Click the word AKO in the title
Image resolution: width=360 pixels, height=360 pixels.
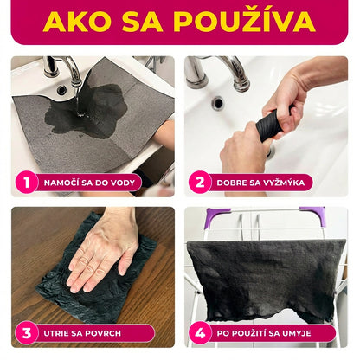(x=76, y=22)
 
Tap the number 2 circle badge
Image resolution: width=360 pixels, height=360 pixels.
(x=200, y=183)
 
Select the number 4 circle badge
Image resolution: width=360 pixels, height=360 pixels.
(x=200, y=332)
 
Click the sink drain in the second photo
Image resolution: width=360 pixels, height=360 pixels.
(x=217, y=103)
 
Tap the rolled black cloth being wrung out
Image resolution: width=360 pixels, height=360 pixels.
(x=269, y=125)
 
